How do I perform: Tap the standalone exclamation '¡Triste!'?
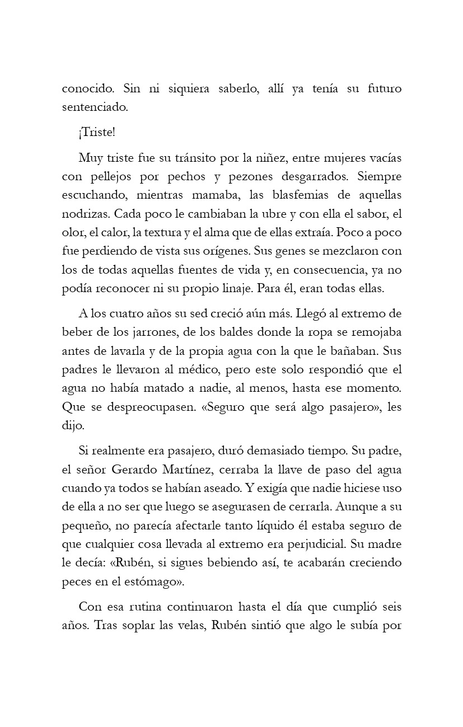click(96, 133)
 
